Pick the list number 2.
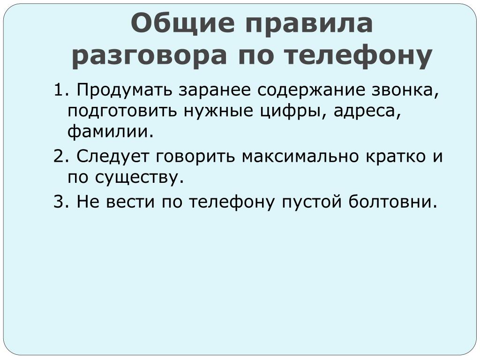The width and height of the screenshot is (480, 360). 60,156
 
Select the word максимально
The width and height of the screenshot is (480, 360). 300,156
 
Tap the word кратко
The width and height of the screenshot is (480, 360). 396,156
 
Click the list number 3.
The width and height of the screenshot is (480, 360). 60,202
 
